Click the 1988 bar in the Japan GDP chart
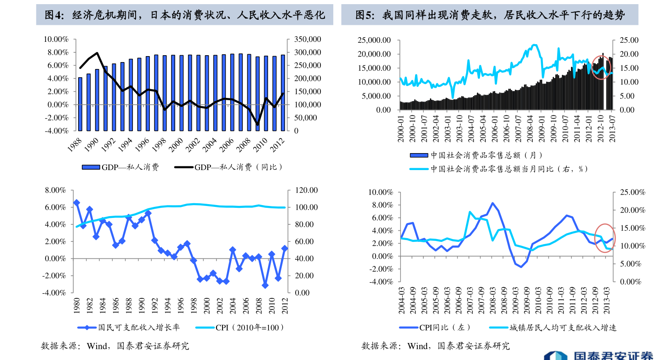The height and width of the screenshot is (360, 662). click(80, 104)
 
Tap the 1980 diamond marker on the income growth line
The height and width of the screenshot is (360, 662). click(76, 203)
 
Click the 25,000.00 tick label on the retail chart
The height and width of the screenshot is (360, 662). click(374, 40)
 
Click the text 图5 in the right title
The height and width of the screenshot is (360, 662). click(366, 16)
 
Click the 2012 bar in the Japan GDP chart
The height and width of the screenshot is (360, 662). click(283, 92)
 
